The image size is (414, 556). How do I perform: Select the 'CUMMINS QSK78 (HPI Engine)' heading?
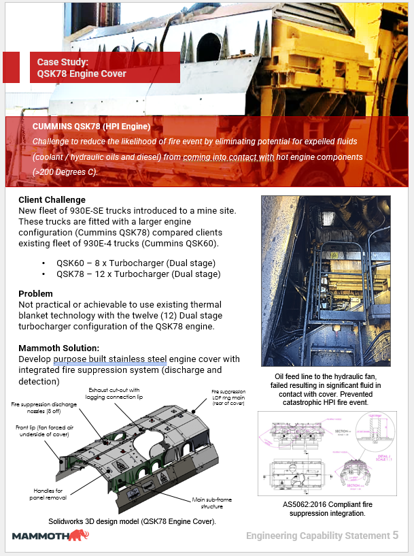click(x=91, y=127)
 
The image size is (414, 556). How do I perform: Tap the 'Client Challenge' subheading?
click(x=52, y=200)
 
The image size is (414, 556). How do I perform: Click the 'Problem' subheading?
click(x=35, y=293)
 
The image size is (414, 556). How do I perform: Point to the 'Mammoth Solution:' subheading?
click(x=59, y=348)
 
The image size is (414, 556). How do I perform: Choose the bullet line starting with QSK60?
click(x=136, y=263)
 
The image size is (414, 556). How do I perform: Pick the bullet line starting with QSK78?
click(x=139, y=274)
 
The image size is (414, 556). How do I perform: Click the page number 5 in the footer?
click(x=396, y=535)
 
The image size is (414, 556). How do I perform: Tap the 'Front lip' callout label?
click(x=41, y=431)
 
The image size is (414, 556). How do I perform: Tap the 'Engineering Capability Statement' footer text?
click(x=317, y=536)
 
